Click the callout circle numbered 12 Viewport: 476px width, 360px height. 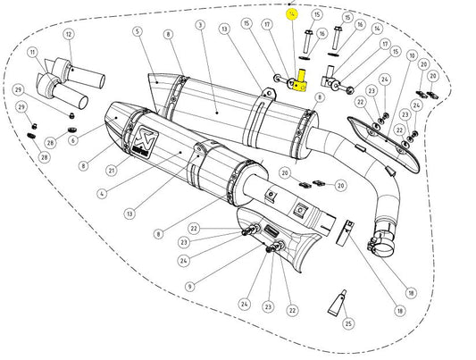click(68, 34)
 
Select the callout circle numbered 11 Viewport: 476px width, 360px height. click(34, 53)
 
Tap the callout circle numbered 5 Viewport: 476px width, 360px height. click(137, 32)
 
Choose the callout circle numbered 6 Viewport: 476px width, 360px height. click(72, 139)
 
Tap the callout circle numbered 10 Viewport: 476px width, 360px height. click(411, 55)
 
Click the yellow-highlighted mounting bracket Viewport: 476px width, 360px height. click(301, 81)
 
